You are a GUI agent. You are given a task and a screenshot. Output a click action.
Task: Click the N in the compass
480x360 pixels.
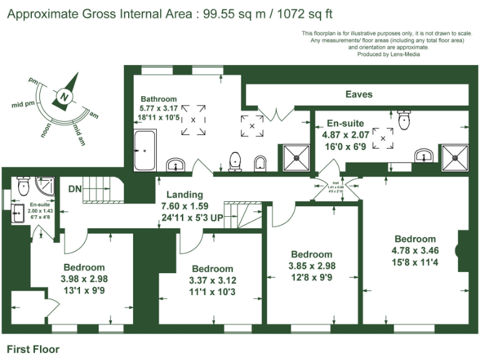click(x=64, y=97)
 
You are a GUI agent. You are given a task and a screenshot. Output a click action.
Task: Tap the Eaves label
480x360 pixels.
click(x=359, y=94)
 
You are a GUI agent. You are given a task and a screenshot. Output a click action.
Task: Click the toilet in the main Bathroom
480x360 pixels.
click(x=236, y=161)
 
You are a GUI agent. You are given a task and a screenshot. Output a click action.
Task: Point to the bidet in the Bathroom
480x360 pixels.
click(x=261, y=163)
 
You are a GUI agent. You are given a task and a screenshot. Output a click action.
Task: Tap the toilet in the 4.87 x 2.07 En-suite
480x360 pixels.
click(x=404, y=119)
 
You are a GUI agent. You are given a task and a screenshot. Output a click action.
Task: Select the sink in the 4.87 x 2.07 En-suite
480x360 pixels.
click(x=424, y=155)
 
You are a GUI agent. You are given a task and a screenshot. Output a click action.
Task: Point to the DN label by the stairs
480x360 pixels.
click(x=76, y=188)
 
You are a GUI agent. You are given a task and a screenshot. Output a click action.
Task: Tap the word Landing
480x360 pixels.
click(x=184, y=195)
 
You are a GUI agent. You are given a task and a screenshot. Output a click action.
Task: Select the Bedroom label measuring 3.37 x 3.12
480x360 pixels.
click(x=212, y=269)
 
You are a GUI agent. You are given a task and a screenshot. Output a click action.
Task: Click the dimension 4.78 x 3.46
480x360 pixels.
click(x=415, y=250)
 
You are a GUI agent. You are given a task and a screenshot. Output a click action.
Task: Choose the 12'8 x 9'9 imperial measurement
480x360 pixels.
click(x=312, y=276)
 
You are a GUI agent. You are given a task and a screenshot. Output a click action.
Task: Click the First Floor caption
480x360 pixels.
click(x=32, y=349)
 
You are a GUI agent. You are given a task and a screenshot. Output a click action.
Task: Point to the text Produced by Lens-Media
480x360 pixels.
click(x=388, y=54)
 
